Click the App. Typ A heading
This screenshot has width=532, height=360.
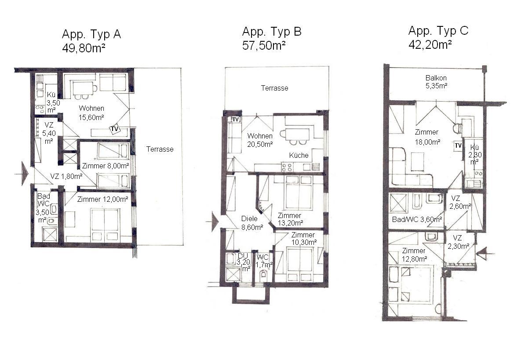(x=91, y=35)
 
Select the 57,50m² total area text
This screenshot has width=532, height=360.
(x=264, y=45)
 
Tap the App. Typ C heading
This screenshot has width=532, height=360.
(x=438, y=31)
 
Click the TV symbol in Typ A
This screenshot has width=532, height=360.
(x=114, y=129)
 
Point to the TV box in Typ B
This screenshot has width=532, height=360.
(x=235, y=119)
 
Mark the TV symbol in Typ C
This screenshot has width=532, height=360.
(x=458, y=145)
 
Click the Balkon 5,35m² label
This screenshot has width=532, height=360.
(x=436, y=82)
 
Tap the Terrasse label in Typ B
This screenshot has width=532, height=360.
(x=274, y=88)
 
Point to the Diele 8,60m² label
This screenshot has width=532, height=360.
(x=252, y=223)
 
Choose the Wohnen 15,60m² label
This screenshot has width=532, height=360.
(x=91, y=113)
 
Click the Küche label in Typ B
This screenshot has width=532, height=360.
(x=299, y=155)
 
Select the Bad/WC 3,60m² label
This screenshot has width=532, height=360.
(x=417, y=219)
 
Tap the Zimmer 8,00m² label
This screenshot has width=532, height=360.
(x=106, y=166)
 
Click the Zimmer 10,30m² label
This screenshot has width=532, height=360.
(x=304, y=238)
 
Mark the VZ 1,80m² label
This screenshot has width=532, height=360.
(x=66, y=176)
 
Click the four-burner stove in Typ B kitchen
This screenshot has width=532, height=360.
(x=287, y=167)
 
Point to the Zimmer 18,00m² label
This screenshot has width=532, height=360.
(x=427, y=137)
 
